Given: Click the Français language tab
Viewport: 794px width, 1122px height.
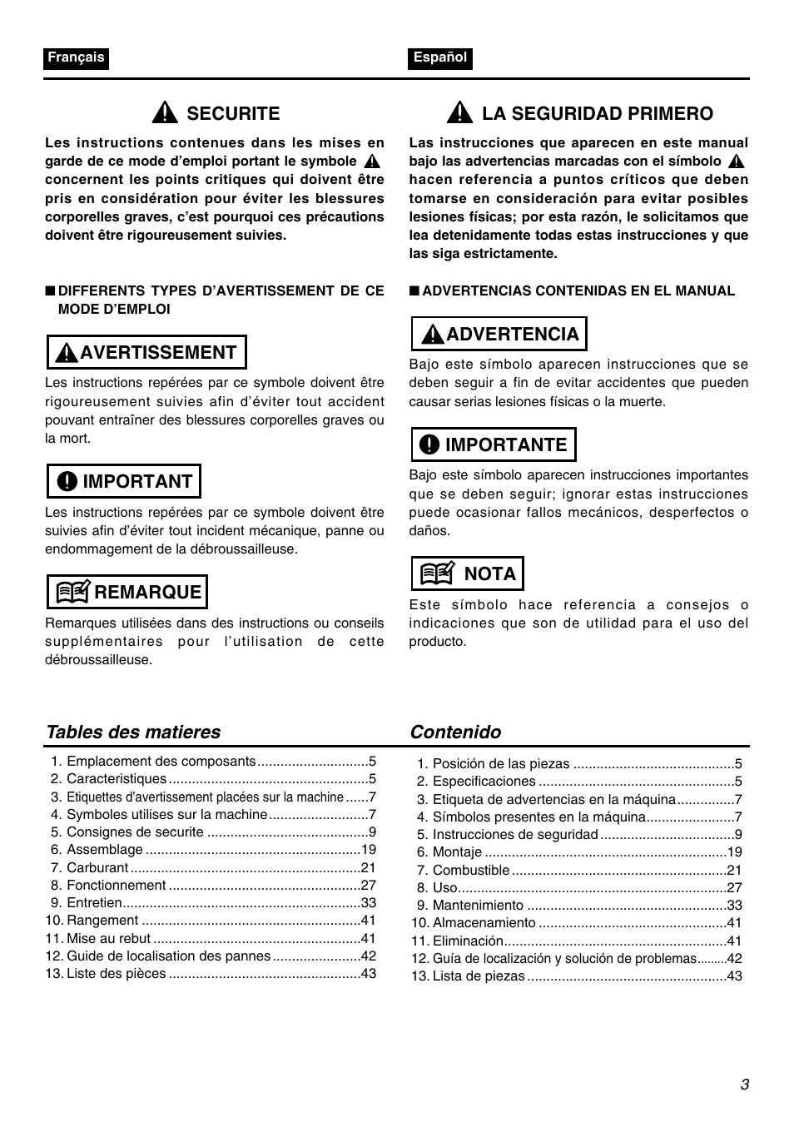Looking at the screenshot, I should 76,57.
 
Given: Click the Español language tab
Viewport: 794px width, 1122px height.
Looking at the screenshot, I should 440,57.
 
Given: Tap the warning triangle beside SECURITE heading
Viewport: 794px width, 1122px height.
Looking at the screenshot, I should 166,113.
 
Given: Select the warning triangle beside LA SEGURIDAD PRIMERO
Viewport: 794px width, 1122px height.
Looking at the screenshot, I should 460,113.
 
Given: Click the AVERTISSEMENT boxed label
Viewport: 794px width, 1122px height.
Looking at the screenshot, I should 147,352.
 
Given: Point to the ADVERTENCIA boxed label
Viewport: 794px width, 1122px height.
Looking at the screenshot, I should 499,334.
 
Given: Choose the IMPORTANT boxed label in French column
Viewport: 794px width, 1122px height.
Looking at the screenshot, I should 124,481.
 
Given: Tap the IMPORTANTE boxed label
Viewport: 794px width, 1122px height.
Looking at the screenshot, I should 494,444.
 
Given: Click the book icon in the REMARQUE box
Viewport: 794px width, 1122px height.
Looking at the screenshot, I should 73,593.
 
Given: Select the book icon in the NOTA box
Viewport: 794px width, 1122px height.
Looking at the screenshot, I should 437,573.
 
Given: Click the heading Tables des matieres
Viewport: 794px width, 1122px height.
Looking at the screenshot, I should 133,732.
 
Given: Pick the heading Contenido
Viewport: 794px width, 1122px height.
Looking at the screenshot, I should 455,732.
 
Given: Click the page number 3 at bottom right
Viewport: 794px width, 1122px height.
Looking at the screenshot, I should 745,1084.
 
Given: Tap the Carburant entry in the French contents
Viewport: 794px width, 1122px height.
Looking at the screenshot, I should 97,867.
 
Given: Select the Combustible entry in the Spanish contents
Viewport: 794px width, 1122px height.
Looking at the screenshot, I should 471,870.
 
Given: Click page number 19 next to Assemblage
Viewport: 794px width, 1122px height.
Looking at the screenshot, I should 369,850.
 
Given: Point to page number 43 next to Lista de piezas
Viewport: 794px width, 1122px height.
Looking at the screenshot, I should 734,976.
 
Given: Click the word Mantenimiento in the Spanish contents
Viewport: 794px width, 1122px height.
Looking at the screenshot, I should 478,906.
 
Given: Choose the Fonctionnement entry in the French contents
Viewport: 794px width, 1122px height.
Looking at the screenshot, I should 117,886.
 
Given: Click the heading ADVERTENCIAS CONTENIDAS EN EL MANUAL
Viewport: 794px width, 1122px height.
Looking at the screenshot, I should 578,291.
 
